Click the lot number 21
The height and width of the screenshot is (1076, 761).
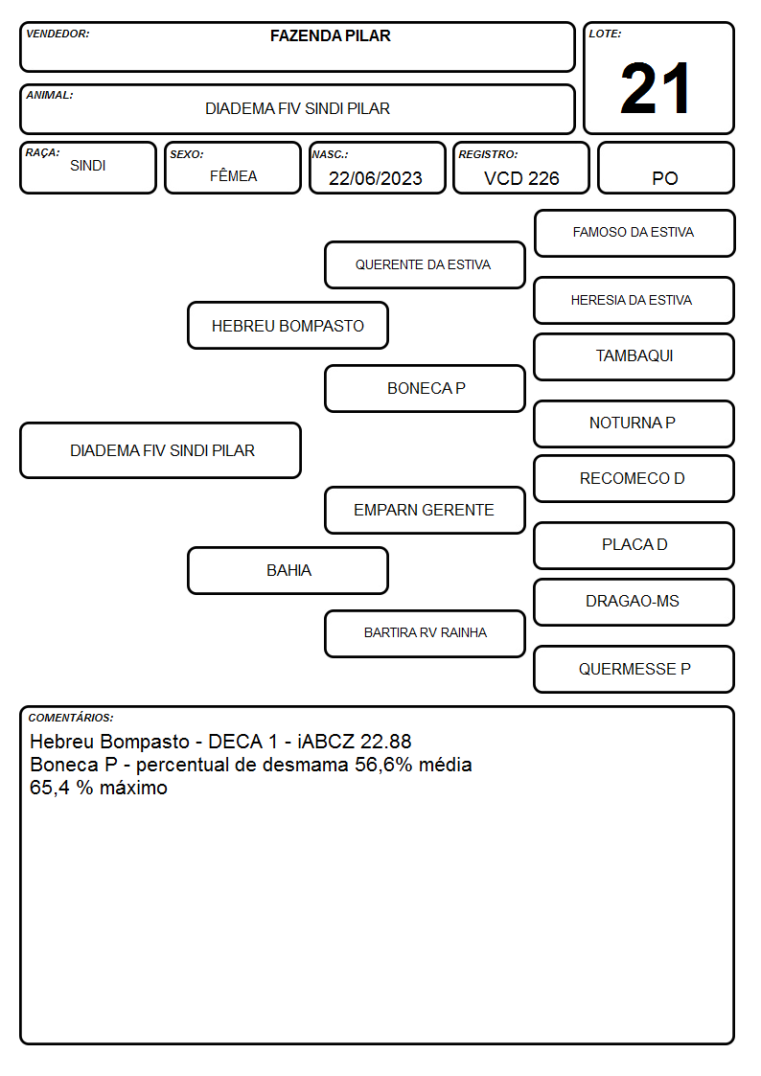click(655, 88)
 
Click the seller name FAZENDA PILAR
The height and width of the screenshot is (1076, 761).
click(330, 35)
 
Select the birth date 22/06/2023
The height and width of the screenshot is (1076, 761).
click(376, 178)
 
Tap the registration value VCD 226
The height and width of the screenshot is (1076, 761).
click(521, 178)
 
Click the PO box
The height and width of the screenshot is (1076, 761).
click(665, 168)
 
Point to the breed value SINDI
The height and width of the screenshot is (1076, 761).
click(88, 166)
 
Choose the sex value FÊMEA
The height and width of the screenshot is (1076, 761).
click(233, 176)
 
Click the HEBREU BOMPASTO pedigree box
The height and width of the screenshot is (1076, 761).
click(288, 325)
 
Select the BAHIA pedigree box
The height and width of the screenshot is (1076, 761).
click(288, 570)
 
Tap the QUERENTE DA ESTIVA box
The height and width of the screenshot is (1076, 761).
click(425, 264)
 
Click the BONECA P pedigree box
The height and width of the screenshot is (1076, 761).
click(425, 388)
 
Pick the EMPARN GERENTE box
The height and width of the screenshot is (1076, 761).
click(425, 510)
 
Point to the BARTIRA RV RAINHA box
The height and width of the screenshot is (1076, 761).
click(425, 633)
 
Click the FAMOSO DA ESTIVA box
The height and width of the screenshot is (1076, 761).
click(634, 234)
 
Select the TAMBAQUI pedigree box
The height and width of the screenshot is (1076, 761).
click(634, 356)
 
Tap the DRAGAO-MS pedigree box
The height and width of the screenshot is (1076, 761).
click(634, 602)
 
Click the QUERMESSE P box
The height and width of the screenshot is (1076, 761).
click(634, 669)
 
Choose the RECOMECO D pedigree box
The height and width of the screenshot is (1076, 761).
click(634, 478)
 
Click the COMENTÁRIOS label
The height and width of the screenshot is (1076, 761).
click(71, 718)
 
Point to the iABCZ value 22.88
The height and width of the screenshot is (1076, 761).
click(385, 742)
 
